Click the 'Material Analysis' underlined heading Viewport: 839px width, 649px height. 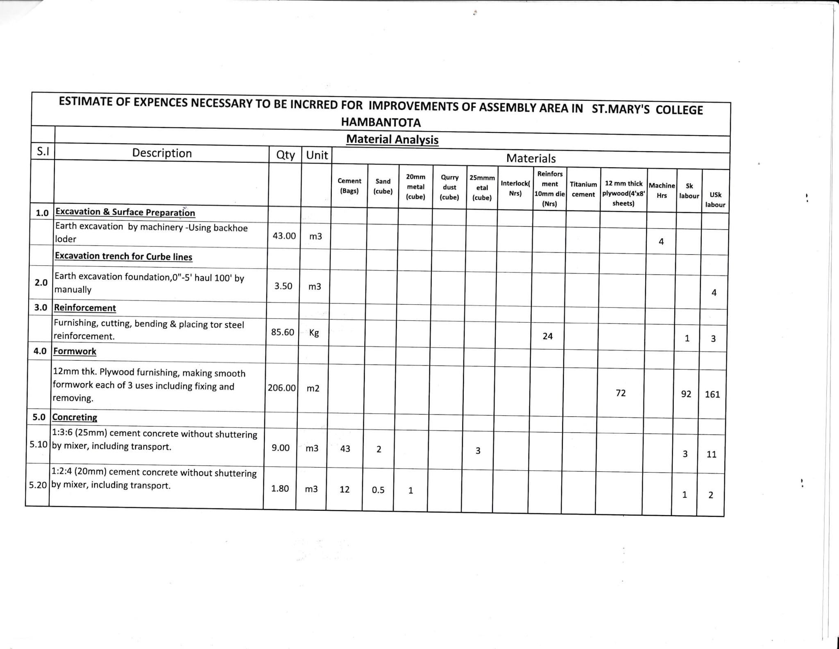click(392, 139)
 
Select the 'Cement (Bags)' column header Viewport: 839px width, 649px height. click(349, 186)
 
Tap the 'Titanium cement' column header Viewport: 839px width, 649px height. click(583, 189)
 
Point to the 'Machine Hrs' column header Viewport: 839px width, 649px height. click(662, 191)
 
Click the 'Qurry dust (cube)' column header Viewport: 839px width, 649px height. click(449, 187)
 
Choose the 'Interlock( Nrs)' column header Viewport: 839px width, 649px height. click(515, 188)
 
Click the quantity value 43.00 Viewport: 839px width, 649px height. click(284, 236)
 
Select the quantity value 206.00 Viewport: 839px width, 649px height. click(281, 387)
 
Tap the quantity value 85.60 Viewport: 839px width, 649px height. click(283, 332)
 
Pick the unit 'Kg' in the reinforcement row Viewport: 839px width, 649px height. click(314, 332)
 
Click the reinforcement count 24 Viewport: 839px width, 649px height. click(547, 336)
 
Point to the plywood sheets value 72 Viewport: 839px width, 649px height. click(620, 393)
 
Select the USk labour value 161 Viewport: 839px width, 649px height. click(712, 394)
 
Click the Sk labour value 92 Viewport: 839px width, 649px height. click(686, 394)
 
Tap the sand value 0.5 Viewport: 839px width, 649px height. click(378, 490)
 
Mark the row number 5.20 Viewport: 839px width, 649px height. click(38, 485)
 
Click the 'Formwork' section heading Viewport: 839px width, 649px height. click(75, 351)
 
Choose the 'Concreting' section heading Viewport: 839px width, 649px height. click(75, 417)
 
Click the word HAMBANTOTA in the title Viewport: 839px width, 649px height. click(381, 122)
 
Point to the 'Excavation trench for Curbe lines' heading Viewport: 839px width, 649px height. click(123, 256)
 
